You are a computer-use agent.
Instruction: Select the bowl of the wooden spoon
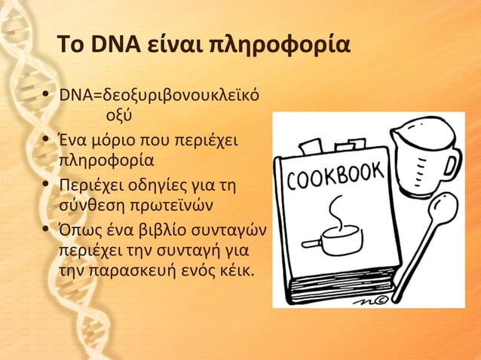pyautogui.click(x=443, y=209)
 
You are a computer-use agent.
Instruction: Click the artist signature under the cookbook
pyautogui.click(x=366, y=300)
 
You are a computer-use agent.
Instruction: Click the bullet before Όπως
pyautogui.click(x=47, y=227)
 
